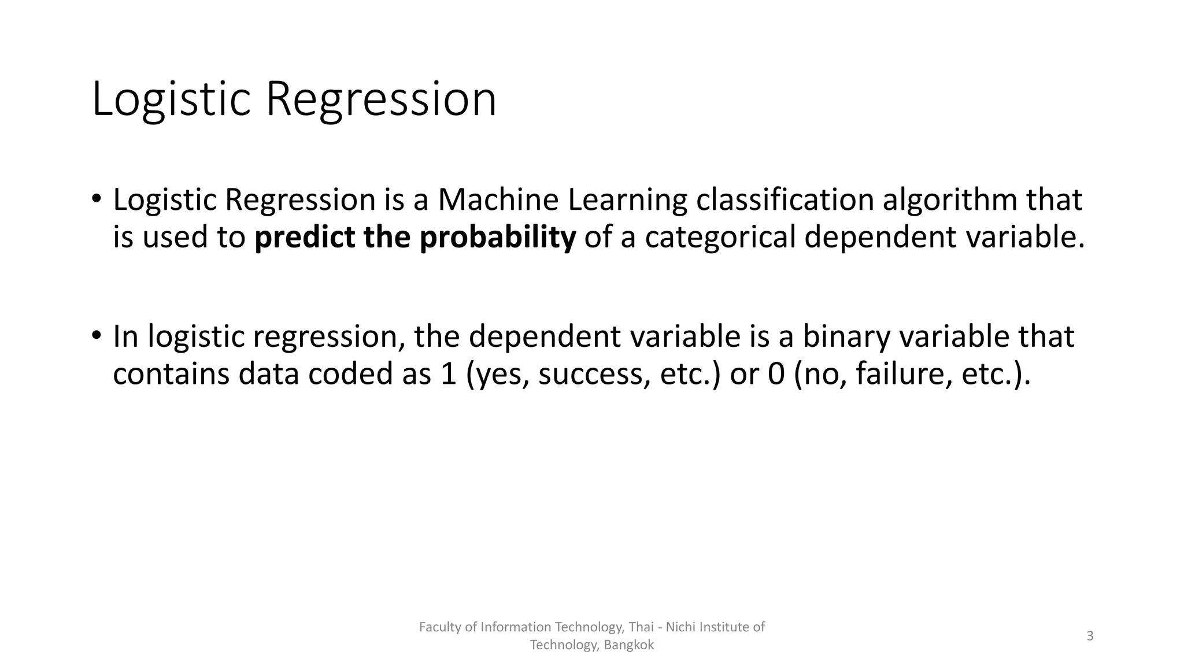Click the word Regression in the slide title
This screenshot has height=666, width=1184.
point(380,99)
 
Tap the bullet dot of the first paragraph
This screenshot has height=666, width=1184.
point(97,199)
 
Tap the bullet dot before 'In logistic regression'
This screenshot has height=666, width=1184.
point(97,335)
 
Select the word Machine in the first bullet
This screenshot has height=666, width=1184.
point(498,200)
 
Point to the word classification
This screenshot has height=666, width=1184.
point(785,200)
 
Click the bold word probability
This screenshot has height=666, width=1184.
point(498,238)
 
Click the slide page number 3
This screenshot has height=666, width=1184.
point(1090,636)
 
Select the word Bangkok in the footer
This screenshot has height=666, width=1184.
point(628,645)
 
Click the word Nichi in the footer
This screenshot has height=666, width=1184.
point(680,627)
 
